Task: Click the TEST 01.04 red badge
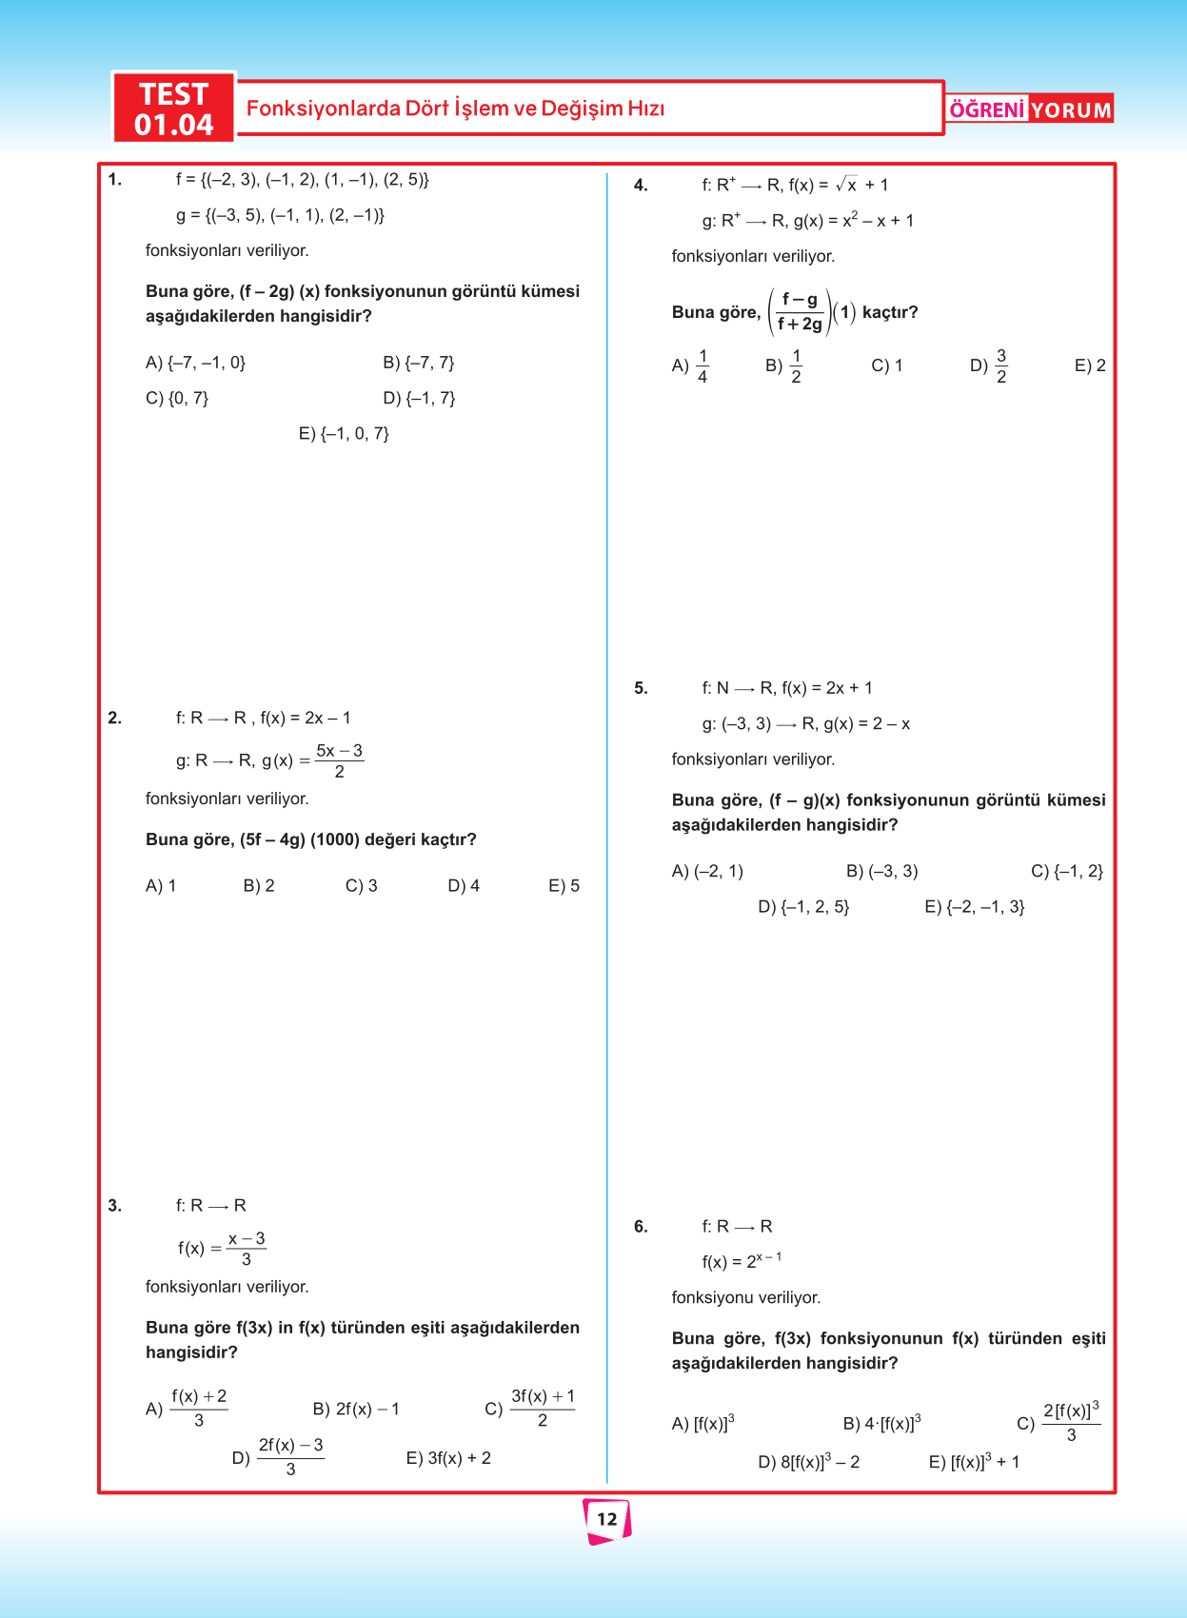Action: point(174,109)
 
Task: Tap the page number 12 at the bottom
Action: point(607,1519)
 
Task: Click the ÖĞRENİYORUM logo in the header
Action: point(1030,109)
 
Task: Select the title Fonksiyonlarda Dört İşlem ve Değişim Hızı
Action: point(455,109)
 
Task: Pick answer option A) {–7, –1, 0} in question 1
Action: point(195,363)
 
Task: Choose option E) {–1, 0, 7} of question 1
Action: point(344,434)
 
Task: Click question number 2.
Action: point(114,718)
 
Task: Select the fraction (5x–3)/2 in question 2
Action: point(339,760)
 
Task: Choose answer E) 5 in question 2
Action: point(564,886)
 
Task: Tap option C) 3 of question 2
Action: point(361,886)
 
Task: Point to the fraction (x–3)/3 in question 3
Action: point(247,1249)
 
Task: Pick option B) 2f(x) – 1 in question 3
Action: point(356,1409)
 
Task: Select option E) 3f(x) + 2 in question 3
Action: point(448,1458)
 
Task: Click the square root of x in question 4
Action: point(846,185)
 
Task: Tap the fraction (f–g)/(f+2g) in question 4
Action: point(800,312)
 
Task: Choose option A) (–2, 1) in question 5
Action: point(707,871)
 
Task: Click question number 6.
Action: point(641,1227)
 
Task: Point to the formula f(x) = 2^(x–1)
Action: point(742,1261)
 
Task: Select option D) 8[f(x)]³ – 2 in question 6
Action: point(808,1462)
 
